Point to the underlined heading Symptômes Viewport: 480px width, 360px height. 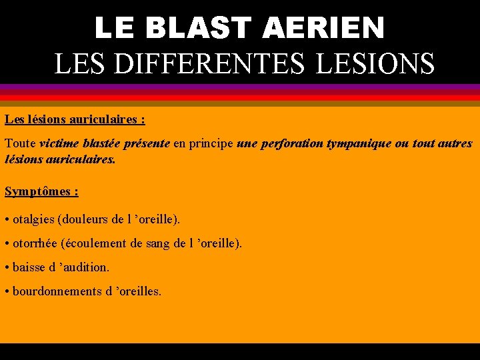click(38, 191)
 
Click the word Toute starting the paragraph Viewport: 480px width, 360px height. click(20, 143)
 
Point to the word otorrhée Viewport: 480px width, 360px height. click(35, 243)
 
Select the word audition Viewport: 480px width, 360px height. click(84, 267)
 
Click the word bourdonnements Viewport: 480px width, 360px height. click(57, 291)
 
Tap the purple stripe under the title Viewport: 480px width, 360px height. click(240, 87)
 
